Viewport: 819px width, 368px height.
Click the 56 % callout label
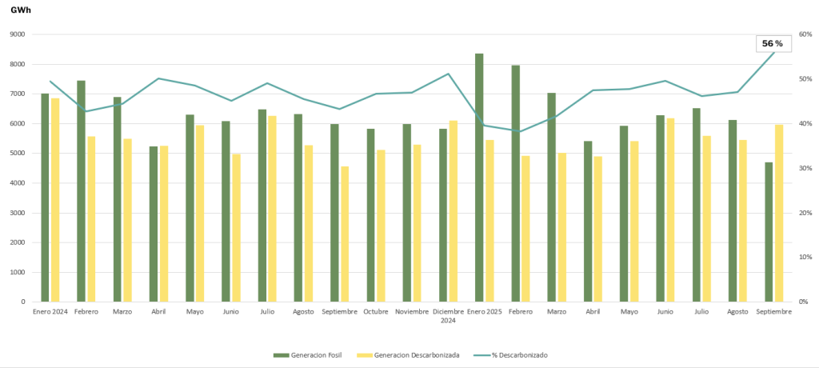[772, 43]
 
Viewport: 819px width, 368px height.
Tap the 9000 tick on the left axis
[17, 34]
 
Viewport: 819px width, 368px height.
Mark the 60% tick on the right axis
[805, 34]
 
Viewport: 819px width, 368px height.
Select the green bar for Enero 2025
[479, 178]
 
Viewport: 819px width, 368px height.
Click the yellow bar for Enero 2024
[55, 200]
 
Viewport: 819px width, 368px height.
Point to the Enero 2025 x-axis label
[484, 311]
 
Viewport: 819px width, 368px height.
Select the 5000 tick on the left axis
[17, 154]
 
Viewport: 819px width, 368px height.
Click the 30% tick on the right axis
[805, 168]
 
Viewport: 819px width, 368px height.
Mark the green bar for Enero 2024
[45, 198]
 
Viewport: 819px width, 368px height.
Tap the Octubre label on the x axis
[375, 311]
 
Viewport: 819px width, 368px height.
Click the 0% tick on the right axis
[804, 302]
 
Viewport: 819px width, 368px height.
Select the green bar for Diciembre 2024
[442, 215]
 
